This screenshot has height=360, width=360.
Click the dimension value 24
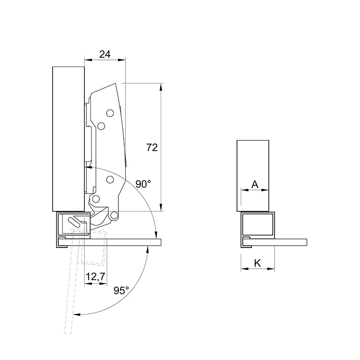coord(105,54)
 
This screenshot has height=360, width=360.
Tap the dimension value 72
coord(152,148)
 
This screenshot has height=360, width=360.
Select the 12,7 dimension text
coord(95,277)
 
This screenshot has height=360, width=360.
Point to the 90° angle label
coord(143,184)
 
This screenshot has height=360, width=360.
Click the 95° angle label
coord(121,291)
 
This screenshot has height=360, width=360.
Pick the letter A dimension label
coord(255,184)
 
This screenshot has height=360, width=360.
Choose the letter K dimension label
coord(257,263)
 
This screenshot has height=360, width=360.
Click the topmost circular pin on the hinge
coord(110,113)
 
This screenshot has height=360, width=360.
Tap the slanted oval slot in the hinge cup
coord(74,221)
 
